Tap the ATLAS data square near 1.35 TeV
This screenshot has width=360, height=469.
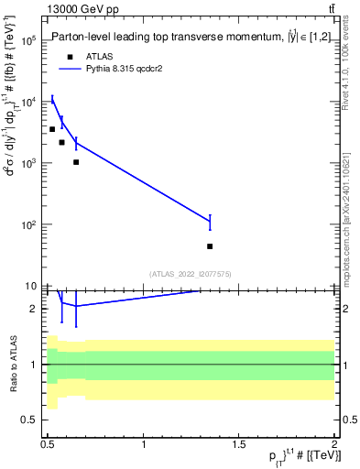tap(210, 246)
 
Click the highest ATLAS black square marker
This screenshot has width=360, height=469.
tap(52, 129)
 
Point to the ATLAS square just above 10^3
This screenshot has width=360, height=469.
tap(76, 162)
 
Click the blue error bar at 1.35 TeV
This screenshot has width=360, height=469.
tap(210, 222)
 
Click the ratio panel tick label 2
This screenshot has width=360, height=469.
tap(34, 309)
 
